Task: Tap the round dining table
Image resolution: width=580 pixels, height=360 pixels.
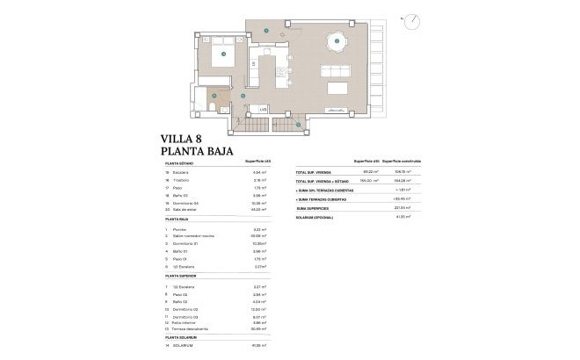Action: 334,41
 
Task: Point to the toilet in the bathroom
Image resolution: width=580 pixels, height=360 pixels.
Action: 215,107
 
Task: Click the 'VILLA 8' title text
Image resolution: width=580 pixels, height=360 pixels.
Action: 186,138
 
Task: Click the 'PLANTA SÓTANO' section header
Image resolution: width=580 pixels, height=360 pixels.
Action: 182,163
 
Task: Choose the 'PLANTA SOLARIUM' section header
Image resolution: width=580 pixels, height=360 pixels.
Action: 184,337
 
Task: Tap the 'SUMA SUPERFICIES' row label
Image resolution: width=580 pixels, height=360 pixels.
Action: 315,207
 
